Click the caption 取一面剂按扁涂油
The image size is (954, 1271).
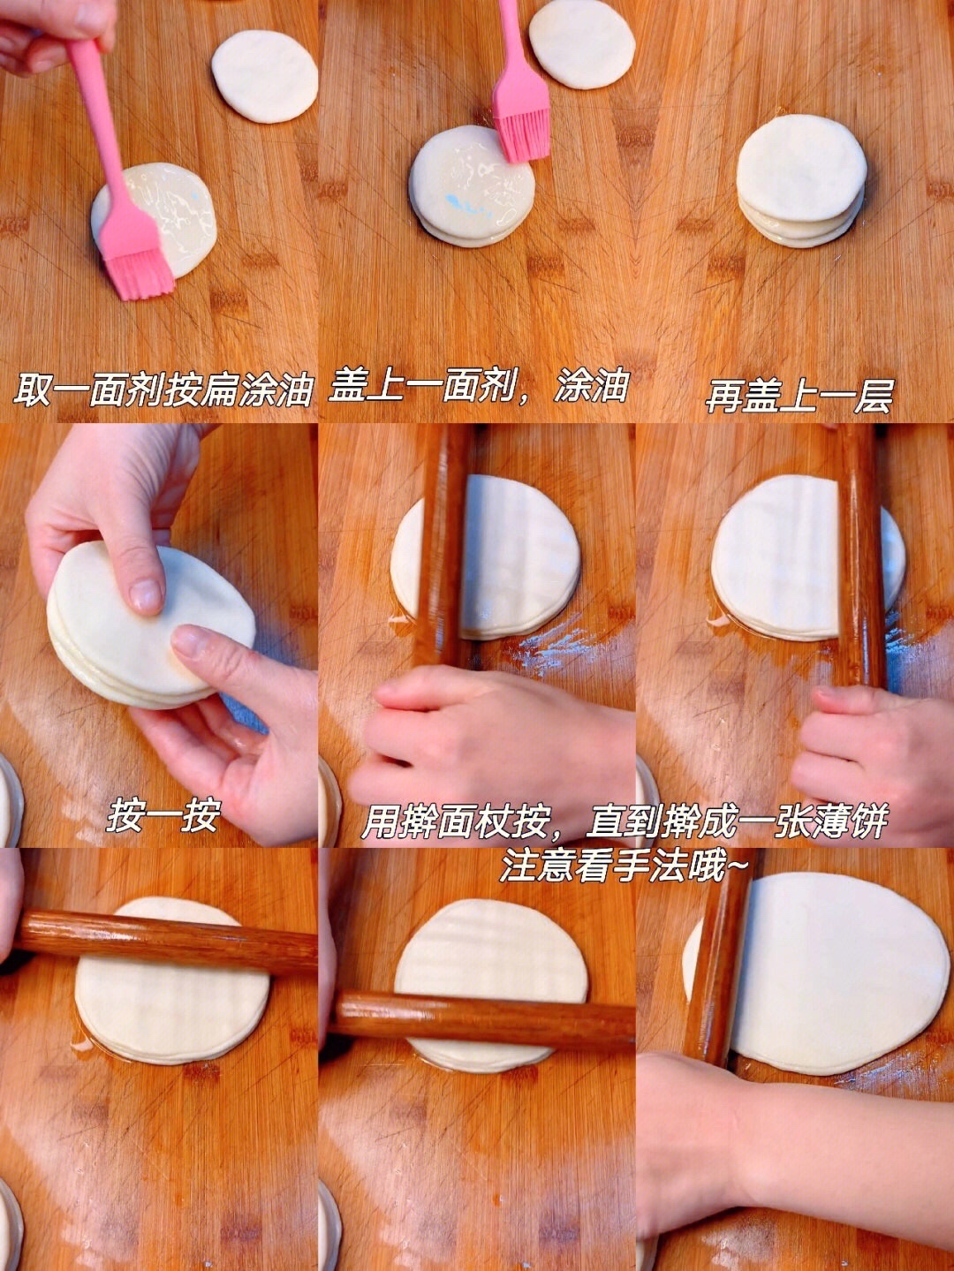[x=163, y=390]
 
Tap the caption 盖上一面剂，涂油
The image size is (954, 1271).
[x=479, y=387]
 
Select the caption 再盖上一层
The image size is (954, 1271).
[x=799, y=396]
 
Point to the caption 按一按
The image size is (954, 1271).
[x=163, y=815]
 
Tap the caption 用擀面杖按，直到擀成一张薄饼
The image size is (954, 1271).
[x=625, y=822]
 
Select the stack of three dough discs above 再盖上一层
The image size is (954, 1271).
[x=802, y=181]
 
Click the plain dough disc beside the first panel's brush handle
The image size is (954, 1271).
[x=264, y=76]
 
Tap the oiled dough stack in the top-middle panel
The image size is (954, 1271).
[x=471, y=186]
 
